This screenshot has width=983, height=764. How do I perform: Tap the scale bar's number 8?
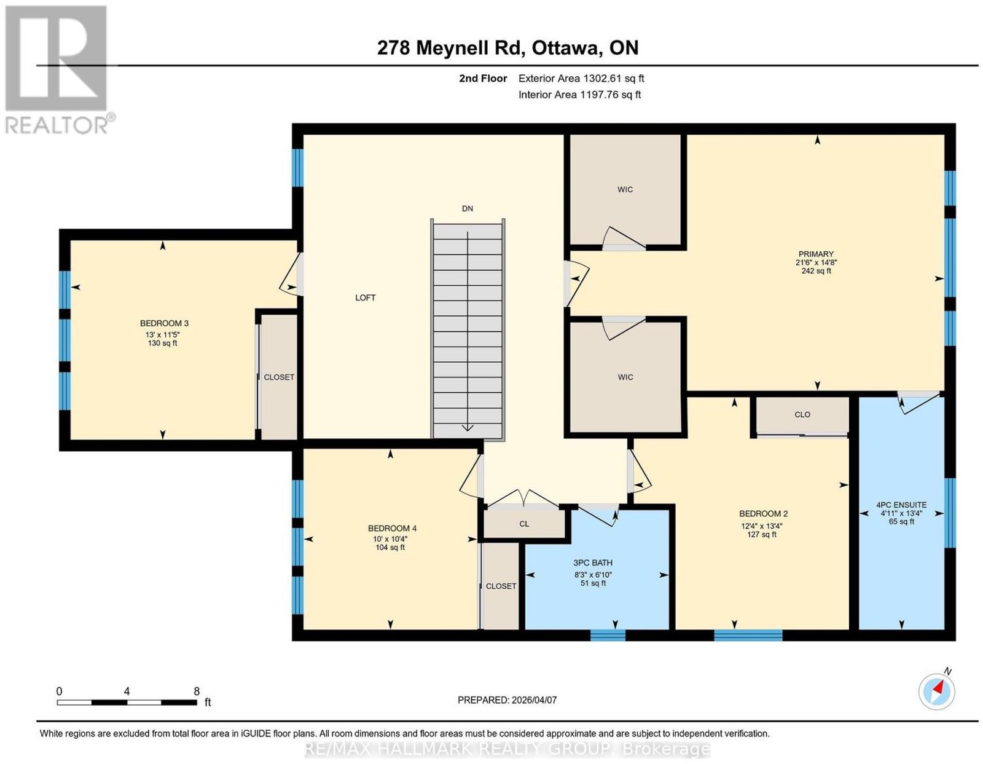pyautogui.click(x=197, y=691)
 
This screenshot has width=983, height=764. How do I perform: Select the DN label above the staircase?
pyautogui.click(x=468, y=208)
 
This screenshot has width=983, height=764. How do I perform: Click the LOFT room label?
pyautogui.click(x=365, y=297)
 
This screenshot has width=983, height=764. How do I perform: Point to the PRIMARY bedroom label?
pyautogui.click(x=816, y=254)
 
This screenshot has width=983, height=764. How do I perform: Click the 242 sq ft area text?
pyautogui.click(x=816, y=271)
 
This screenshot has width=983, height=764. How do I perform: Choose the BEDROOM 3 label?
pyautogui.click(x=164, y=323)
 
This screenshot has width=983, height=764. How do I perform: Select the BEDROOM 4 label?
pyautogui.click(x=392, y=529)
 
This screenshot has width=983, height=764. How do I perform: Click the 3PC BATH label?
pyautogui.click(x=593, y=563)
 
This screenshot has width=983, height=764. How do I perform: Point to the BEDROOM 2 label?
pyautogui.click(x=764, y=514)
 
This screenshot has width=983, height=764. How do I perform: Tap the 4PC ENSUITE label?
pyautogui.click(x=901, y=505)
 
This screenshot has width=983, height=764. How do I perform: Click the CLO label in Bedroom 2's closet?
pyautogui.click(x=802, y=415)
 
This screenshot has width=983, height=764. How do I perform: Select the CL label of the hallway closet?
pyautogui.click(x=524, y=524)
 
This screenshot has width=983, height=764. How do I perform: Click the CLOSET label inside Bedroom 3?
pyautogui.click(x=279, y=377)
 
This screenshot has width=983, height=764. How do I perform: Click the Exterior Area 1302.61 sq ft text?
pyautogui.click(x=581, y=78)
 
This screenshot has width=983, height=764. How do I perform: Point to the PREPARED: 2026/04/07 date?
pyautogui.click(x=507, y=700)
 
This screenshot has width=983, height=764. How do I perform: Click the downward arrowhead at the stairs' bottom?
pyautogui.click(x=468, y=428)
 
